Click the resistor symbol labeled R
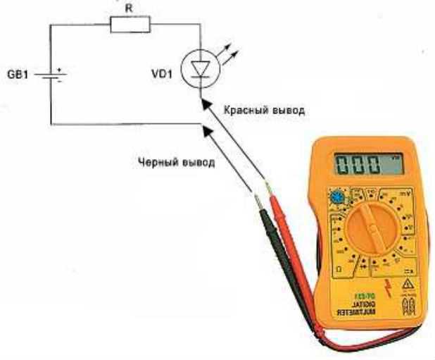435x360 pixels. [x=131, y=25]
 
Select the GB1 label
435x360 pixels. [x=19, y=73]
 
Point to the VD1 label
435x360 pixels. [x=163, y=73]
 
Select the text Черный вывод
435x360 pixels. [x=176, y=161]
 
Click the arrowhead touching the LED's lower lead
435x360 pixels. [x=204, y=103]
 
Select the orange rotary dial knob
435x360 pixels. [x=372, y=229]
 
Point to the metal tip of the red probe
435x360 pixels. [x=268, y=187]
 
